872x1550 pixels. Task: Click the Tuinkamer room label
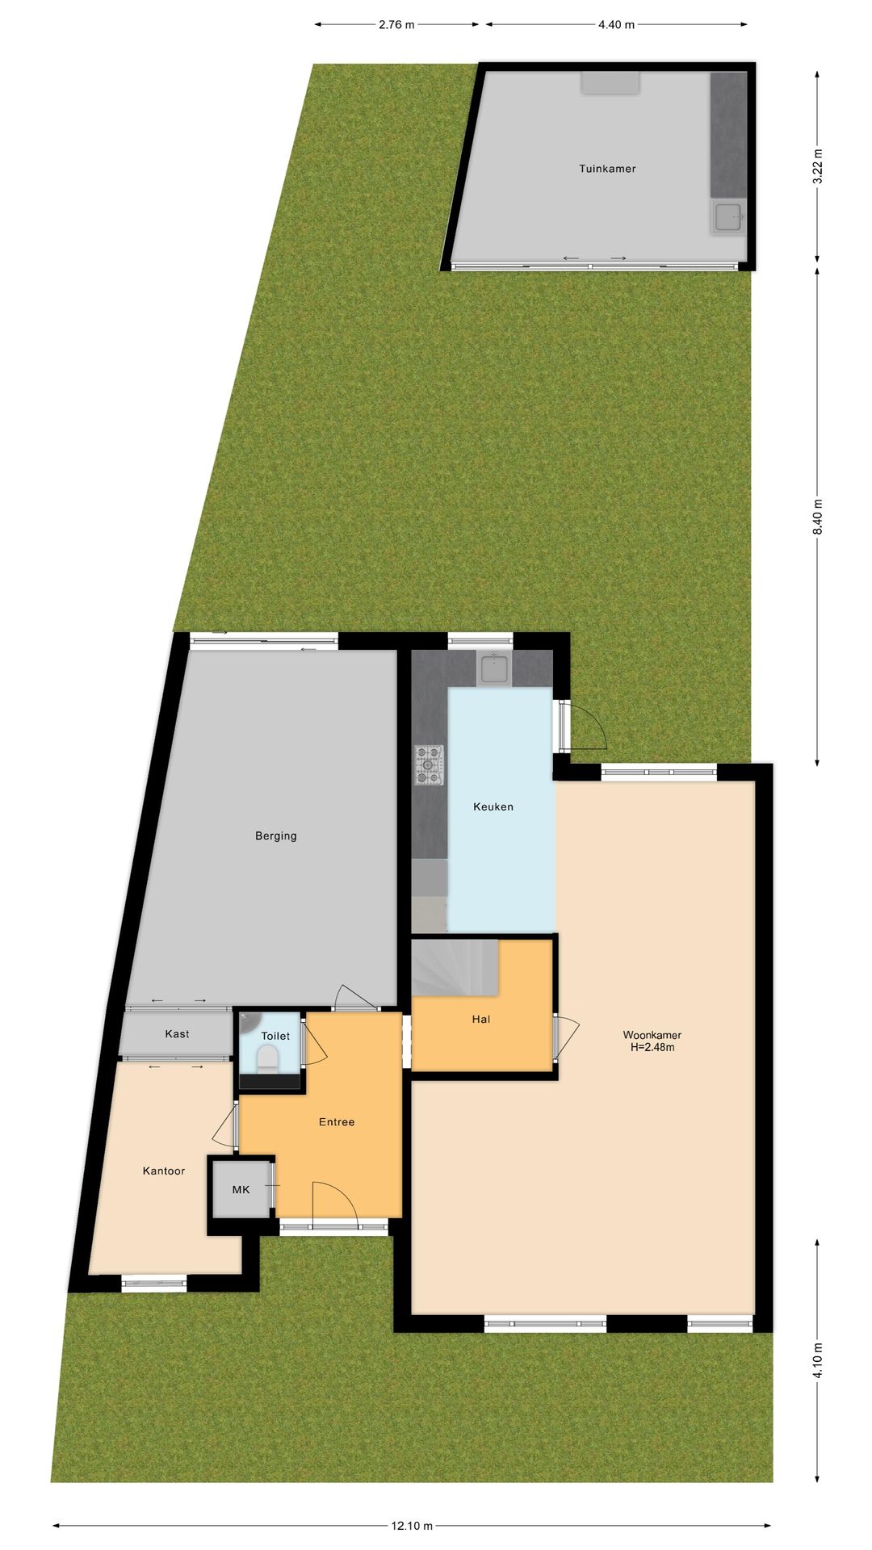coord(607,169)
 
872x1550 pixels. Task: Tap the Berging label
coord(276,836)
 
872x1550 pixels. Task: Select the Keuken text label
coord(493,806)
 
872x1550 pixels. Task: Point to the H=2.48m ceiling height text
coord(652,1048)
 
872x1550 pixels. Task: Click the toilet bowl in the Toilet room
coord(267,1057)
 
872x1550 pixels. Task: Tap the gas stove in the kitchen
coord(430,765)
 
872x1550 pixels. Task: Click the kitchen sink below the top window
coord(493,668)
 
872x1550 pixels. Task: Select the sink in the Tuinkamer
coord(728,216)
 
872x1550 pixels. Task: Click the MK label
coord(241,1189)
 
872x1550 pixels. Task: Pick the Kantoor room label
coord(164,1171)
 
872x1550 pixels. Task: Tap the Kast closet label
coord(178,1034)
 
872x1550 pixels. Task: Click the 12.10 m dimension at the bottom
coord(412,1526)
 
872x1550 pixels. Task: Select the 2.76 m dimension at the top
coord(396,25)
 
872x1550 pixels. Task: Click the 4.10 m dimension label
coord(818,1359)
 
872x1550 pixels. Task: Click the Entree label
coord(337,1122)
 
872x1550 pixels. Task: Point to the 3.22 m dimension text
coord(818,167)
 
